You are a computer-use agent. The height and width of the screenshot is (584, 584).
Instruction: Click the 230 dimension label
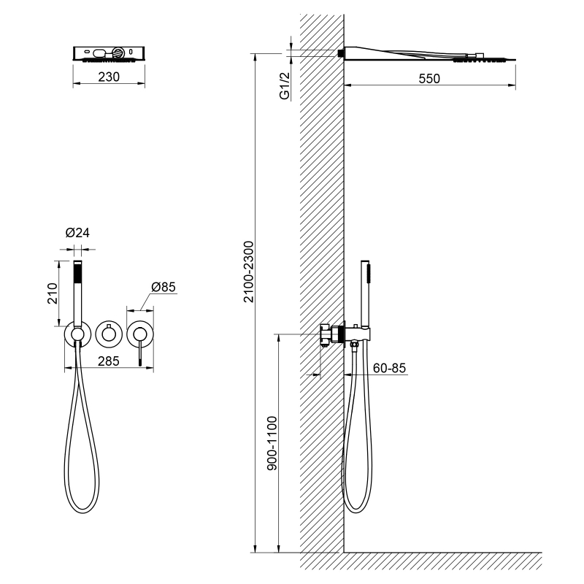pos(109,77)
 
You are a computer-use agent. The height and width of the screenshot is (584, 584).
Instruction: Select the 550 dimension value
pos(429,79)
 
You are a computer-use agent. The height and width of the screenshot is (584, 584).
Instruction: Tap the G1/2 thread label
pos(285,86)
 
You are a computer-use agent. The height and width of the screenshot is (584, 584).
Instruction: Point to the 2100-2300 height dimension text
pos(248,272)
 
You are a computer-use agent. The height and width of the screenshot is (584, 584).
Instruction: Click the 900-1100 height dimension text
pos(272,443)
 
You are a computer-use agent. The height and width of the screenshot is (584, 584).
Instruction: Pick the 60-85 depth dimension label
pos(389,368)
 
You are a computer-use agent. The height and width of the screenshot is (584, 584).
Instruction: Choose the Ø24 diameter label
pos(77,233)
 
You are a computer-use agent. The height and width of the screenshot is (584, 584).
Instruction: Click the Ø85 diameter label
pos(163,287)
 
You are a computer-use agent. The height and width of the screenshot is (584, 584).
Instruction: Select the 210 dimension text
pos(53,293)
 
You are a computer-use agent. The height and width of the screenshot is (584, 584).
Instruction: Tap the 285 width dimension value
pos(108,361)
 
